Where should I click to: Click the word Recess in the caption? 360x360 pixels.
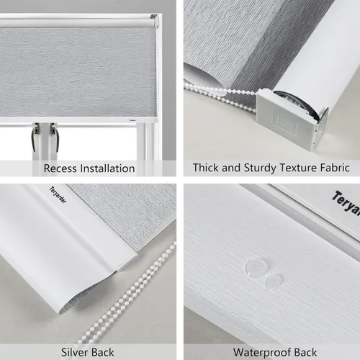coord(60,168)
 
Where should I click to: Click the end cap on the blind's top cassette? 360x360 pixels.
coord(153,21)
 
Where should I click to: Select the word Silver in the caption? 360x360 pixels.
coord(77,353)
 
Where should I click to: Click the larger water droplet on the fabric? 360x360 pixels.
coord(253,267)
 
